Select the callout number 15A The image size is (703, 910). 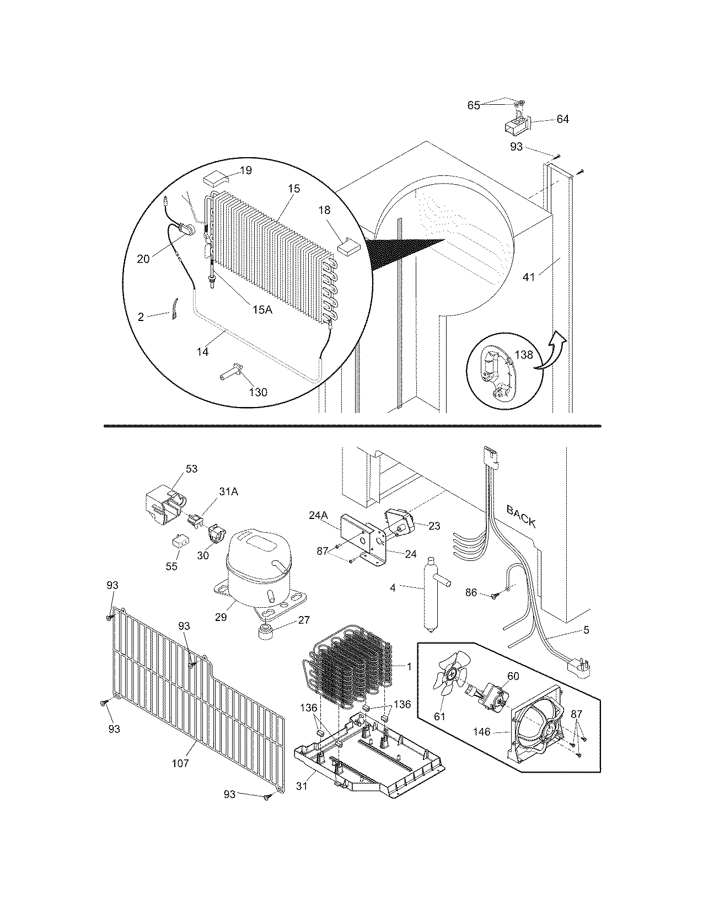pyautogui.click(x=262, y=310)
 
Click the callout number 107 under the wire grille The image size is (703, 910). pyautogui.click(x=180, y=763)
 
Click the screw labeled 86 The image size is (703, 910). pyautogui.click(x=495, y=595)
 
